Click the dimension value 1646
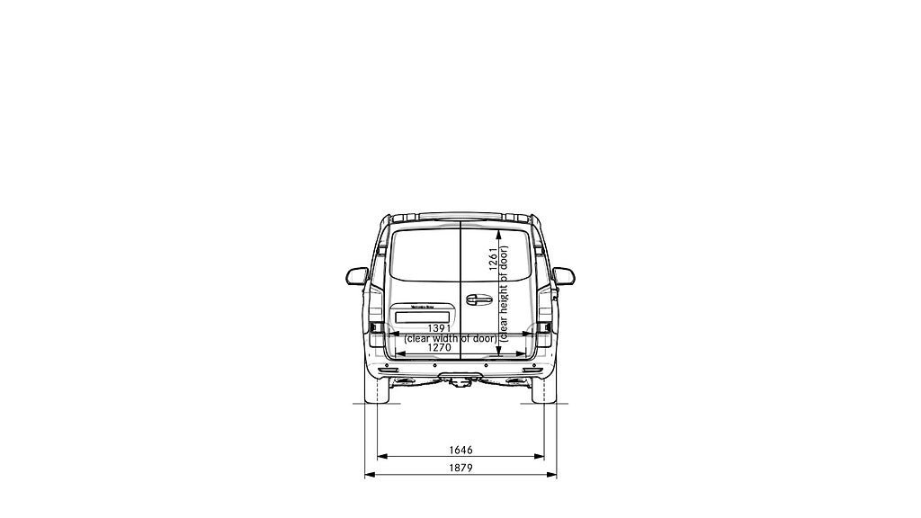click(x=460, y=450)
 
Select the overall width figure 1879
click(x=460, y=468)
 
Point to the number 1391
click(x=440, y=328)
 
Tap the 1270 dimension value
click(x=440, y=347)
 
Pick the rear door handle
click(x=478, y=298)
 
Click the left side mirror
click(x=357, y=275)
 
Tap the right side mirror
click(x=564, y=275)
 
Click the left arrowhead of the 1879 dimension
click(x=367, y=474)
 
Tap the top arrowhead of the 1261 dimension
click(x=497, y=228)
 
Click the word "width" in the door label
click(x=447, y=338)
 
